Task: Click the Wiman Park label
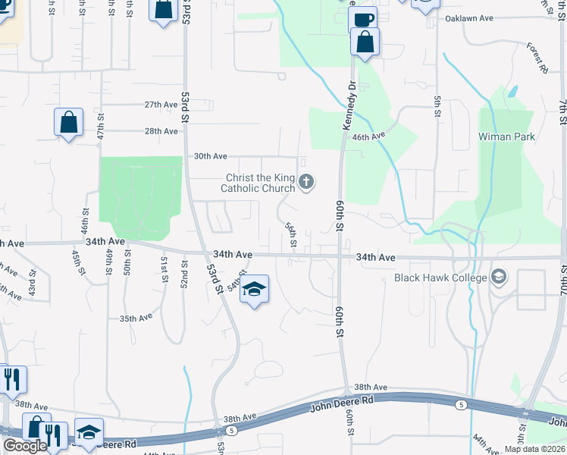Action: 506,136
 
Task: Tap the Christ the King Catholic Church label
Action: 258,182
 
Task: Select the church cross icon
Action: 306,181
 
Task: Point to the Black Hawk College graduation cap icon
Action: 498,277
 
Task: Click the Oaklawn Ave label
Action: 469,17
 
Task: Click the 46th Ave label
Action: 369,136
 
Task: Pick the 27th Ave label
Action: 160,105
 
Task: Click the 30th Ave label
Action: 210,156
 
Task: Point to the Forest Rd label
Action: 537,58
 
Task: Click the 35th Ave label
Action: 136,318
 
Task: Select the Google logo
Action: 25,446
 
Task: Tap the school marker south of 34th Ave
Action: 255,289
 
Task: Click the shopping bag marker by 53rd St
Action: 164,11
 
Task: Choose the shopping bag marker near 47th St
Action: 68,121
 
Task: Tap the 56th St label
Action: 291,234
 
